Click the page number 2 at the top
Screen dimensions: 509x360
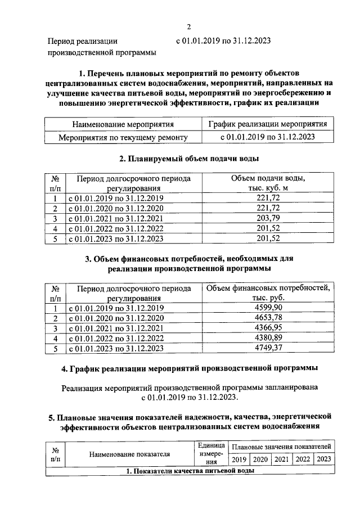click(190, 26)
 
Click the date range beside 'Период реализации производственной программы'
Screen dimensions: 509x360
click(223, 41)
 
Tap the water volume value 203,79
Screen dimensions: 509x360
click(268, 218)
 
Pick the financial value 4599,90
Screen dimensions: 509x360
click(268, 308)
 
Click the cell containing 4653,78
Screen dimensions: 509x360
click(268, 318)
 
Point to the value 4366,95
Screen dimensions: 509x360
click(268, 328)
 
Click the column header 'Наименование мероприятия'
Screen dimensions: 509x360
click(123, 124)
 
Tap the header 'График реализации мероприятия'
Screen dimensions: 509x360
click(268, 124)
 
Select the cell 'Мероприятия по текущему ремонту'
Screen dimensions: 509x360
click(123, 137)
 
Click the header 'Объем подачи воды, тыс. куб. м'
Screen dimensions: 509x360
click(268, 183)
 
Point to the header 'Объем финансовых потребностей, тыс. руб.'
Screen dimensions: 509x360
click(268, 293)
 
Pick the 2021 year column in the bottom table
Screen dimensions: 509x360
click(282, 460)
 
